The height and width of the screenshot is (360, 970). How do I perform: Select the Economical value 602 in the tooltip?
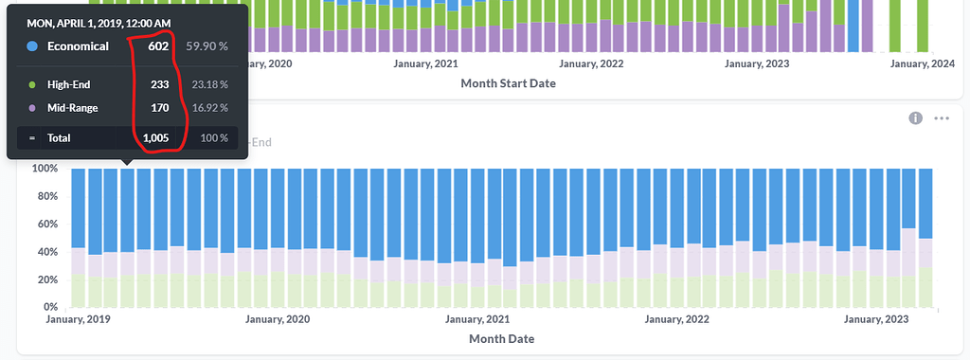point(158,46)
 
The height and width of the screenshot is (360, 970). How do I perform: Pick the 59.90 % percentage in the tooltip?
point(207,46)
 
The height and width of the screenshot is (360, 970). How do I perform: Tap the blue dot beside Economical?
point(32,46)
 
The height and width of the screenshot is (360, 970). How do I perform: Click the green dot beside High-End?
point(32,84)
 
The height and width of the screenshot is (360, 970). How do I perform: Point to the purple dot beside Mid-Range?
point(32,108)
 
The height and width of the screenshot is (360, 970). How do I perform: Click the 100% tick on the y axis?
point(45,169)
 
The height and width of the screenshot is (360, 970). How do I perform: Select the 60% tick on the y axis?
point(48,225)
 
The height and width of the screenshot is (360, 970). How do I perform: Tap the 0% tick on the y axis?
point(51,307)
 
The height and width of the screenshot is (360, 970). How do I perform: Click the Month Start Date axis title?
point(508,83)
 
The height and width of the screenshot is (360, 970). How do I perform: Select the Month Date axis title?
point(501,338)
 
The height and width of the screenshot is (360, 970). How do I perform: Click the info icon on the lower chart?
point(916,118)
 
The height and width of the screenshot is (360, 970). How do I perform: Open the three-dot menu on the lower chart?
point(941,118)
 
